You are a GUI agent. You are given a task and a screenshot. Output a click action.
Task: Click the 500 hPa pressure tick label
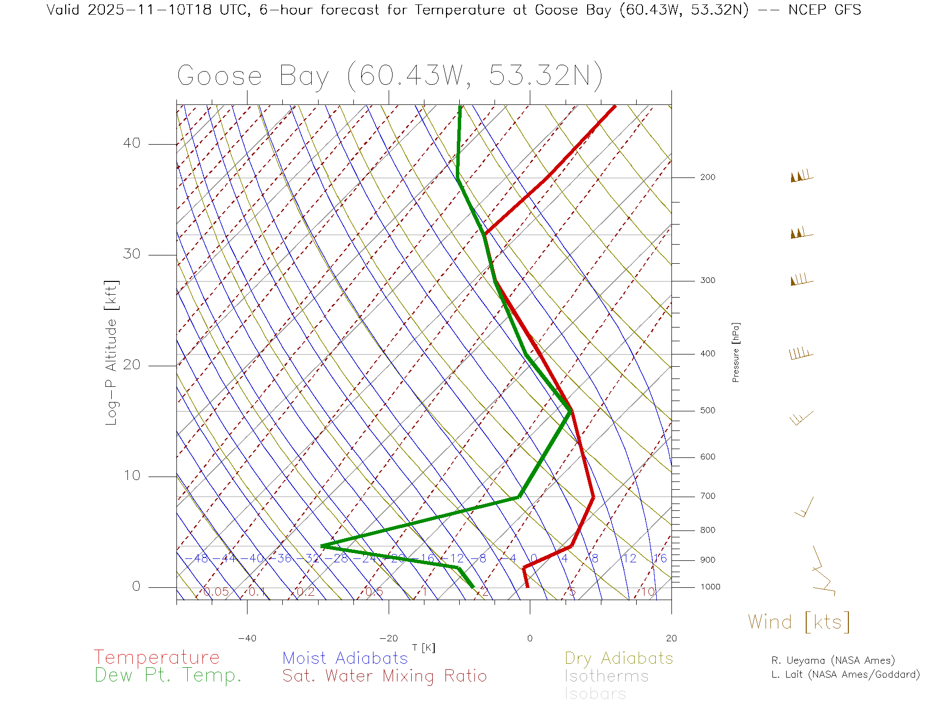click(707, 410)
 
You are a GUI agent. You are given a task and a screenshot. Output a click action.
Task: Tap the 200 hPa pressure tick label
click(707, 177)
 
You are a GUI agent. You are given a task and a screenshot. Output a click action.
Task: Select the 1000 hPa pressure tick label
click(710, 587)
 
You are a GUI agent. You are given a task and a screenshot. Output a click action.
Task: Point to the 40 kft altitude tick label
click(131, 143)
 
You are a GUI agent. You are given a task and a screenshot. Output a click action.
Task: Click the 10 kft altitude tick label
click(131, 476)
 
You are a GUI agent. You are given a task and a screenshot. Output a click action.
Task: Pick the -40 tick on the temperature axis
click(247, 638)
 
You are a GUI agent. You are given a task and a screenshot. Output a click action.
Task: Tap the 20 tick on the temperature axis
click(671, 638)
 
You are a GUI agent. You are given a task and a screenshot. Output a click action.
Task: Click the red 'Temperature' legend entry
click(156, 657)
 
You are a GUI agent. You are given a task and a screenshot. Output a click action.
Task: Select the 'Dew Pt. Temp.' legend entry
click(168, 676)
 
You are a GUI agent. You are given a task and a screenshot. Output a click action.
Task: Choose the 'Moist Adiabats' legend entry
click(345, 658)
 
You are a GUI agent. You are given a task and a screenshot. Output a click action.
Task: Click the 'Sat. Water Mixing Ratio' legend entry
click(384, 676)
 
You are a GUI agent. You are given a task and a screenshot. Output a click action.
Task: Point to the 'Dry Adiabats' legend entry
click(619, 658)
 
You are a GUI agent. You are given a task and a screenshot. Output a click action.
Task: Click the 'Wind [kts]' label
click(798, 622)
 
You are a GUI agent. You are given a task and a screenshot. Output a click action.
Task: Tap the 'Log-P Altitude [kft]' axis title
click(112, 353)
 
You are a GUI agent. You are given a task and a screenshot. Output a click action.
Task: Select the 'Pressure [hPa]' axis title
click(736, 352)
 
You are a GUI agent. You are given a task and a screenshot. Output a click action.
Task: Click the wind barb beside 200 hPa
click(801, 176)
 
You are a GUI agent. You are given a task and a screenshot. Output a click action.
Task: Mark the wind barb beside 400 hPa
click(801, 353)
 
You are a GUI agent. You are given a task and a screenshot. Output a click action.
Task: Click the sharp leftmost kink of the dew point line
click(322, 546)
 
